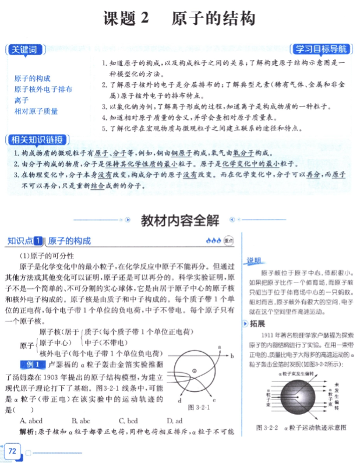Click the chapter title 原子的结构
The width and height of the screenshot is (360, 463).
tap(213, 19)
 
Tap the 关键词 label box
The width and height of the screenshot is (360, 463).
tap(25, 50)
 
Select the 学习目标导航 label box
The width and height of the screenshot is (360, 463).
tap(322, 49)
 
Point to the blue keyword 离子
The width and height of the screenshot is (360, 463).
tap(22, 100)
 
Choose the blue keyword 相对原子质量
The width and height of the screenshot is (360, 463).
tap(36, 111)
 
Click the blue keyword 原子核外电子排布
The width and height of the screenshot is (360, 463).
tap(44, 89)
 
